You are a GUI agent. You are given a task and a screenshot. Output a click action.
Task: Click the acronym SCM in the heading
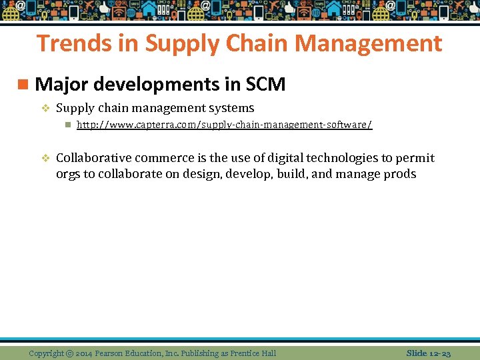coord(265,85)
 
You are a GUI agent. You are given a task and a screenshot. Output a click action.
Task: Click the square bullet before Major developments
coord(24,85)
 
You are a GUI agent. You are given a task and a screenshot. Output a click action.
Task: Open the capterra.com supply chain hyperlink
coord(224,125)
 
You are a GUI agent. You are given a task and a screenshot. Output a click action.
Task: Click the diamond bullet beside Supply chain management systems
coord(46,108)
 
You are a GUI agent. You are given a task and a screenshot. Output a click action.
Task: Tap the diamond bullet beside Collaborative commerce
coord(46,158)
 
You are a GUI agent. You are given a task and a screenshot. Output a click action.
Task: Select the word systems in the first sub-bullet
coord(231,108)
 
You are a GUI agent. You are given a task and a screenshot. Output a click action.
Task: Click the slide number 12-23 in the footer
coord(438,352)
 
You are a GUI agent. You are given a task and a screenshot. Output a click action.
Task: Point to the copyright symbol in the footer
coord(69,353)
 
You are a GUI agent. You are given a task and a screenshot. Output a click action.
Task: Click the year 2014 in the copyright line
coord(85,353)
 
